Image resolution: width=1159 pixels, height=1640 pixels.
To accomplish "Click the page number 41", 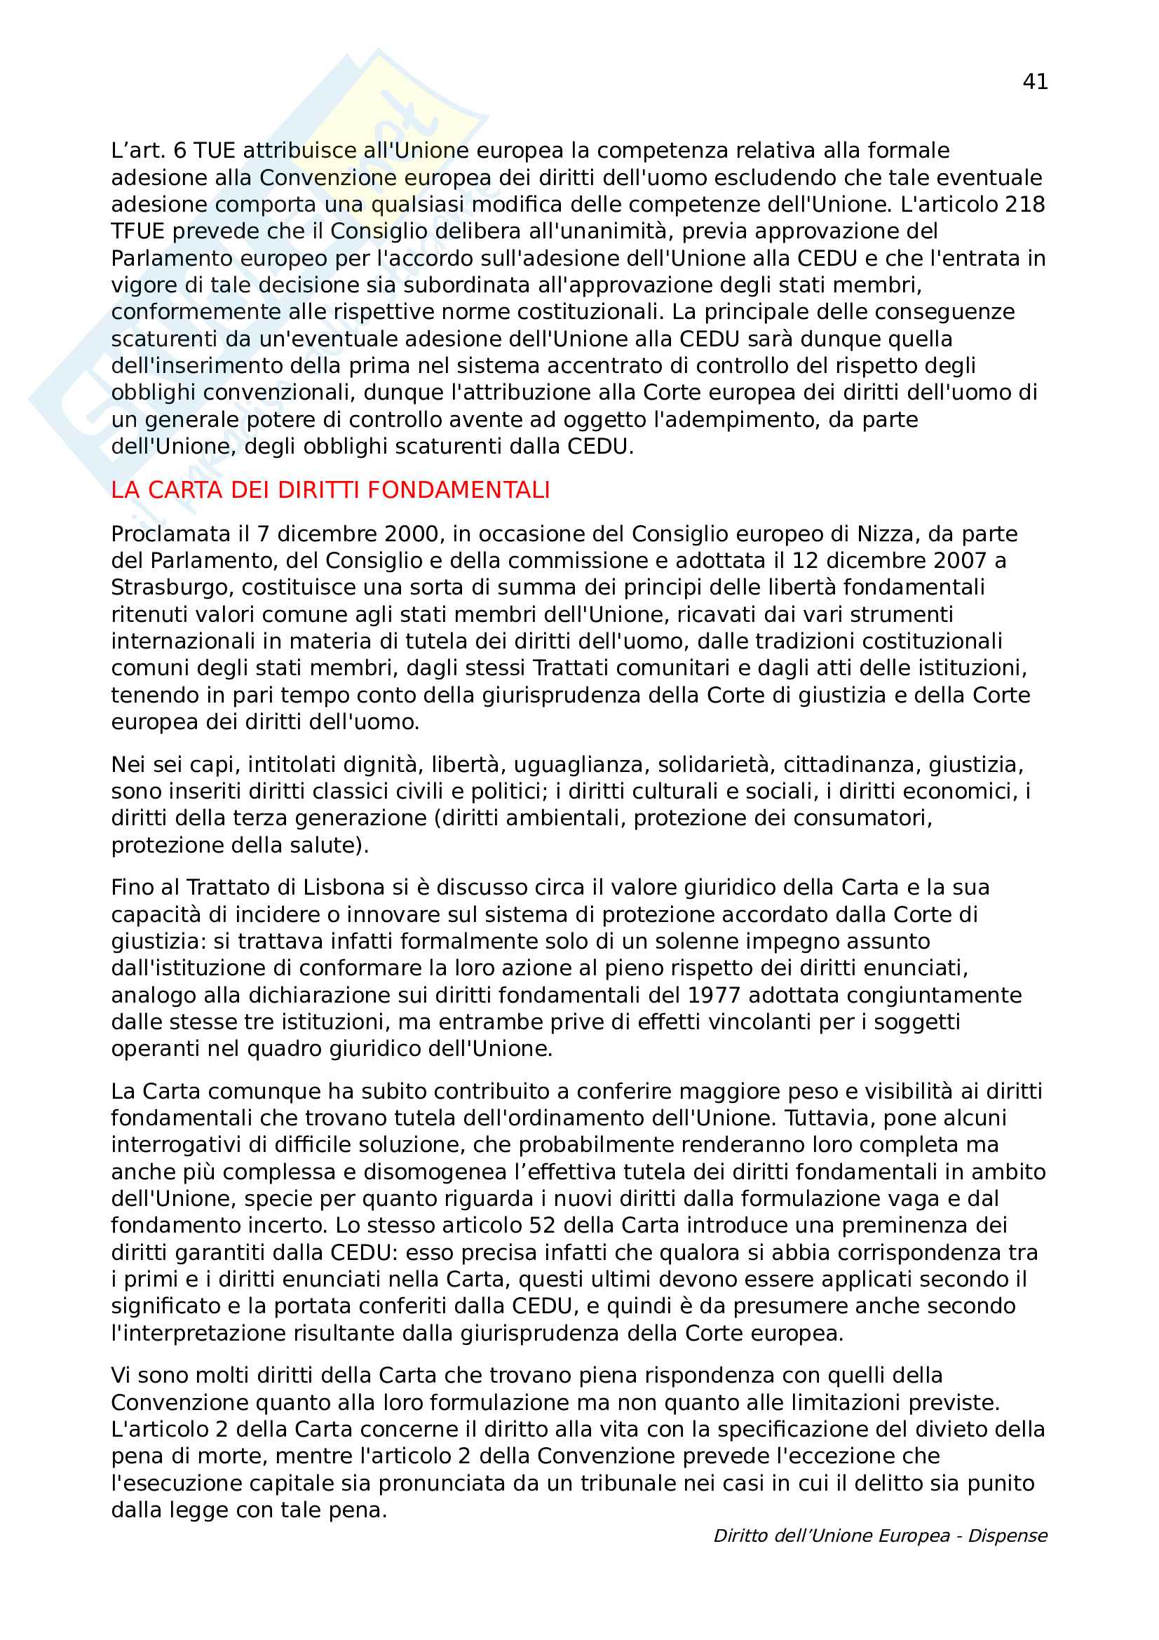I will click(x=1035, y=82).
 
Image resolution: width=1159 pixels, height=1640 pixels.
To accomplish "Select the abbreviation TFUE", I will click(x=138, y=231).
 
